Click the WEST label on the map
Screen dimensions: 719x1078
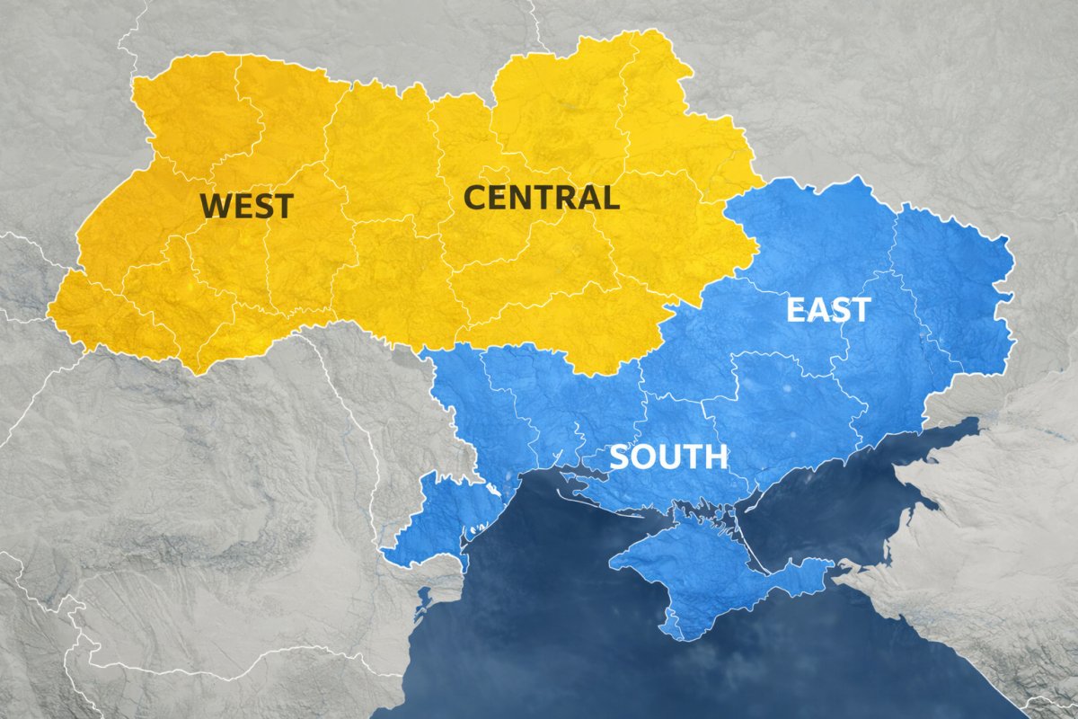pyautogui.click(x=246, y=206)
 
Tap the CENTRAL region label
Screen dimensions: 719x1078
pyautogui.click(x=542, y=197)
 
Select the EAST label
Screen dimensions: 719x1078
pyautogui.click(x=828, y=310)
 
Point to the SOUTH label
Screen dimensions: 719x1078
pyautogui.click(x=668, y=457)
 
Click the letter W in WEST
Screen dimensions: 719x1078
pyautogui.click(x=216, y=206)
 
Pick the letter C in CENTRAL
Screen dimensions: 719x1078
pyautogui.click(x=475, y=197)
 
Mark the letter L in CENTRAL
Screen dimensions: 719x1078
pyautogui.click(x=610, y=197)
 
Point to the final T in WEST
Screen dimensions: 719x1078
pyautogui.click(x=282, y=206)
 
